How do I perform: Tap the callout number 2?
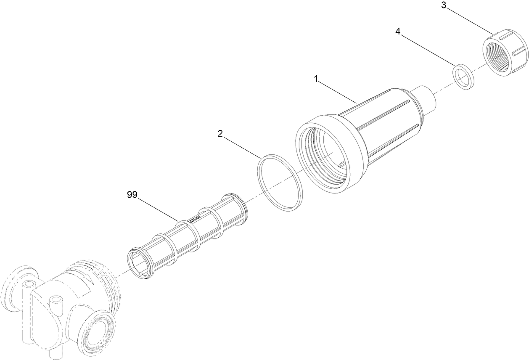tap(220, 134)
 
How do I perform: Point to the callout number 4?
tap(398, 31)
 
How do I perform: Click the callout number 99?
tap(132, 195)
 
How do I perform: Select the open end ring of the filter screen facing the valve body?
tap(140, 265)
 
